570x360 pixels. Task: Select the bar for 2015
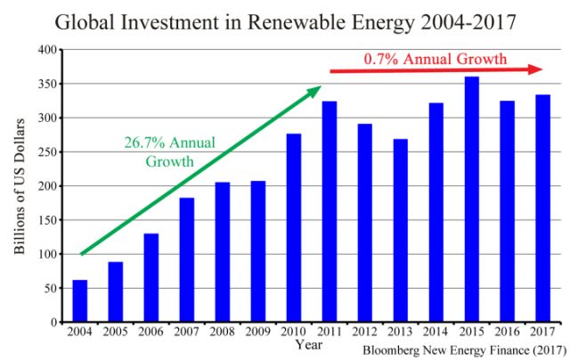click(x=471, y=200)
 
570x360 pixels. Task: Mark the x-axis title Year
click(x=309, y=345)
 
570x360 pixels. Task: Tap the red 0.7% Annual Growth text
click(x=436, y=60)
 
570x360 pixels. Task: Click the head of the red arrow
click(x=538, y=70)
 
